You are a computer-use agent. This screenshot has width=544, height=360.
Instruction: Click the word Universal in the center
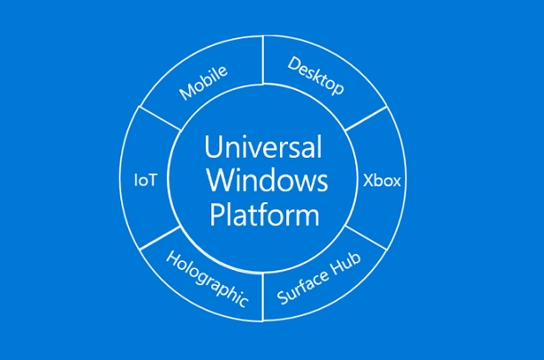click(263, 147)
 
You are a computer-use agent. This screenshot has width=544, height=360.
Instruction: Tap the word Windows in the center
click(267, 181)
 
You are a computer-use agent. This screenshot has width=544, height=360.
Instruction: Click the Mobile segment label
click(203, 81)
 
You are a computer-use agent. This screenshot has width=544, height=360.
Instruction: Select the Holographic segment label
click(207, 279)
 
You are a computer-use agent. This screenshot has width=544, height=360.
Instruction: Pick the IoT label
click(145, 180)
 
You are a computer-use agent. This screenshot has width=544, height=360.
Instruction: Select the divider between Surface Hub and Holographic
click(263, 299)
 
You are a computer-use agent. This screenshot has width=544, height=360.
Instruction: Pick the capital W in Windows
click(218, 181)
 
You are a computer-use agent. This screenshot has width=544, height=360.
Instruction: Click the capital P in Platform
click(214, 214)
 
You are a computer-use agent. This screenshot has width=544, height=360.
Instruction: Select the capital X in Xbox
click(368, 180)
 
